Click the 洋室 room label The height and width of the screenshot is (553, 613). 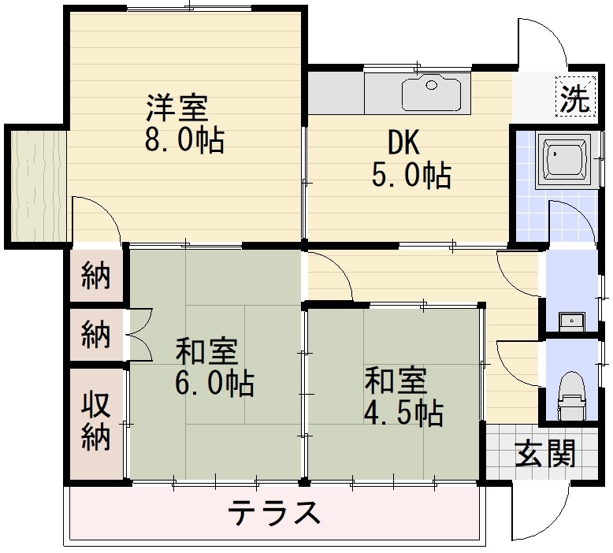click(x=176, y=107)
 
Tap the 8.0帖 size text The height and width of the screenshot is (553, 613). click(x=184, y=140)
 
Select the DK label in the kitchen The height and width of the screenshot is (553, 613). click(x=404, y=143)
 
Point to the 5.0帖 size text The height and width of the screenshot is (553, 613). click(x=411, y=175)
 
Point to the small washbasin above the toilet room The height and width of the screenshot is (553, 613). click(x=572, y=321)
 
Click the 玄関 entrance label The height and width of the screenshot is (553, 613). click(x=544, y=453)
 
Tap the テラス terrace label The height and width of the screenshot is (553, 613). click(x=273, y=513)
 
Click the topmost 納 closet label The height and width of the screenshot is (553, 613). click(x=96, y=276)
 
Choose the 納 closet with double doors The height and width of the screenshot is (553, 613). click(x=96, y=335)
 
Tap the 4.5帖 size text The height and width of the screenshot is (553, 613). click(x=403, y=413)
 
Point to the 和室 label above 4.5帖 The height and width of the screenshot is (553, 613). click(x=396, y=380)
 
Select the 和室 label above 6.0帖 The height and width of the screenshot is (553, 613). click(x=206, y=351)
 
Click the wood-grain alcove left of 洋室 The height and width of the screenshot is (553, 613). click(x=38, y=187)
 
